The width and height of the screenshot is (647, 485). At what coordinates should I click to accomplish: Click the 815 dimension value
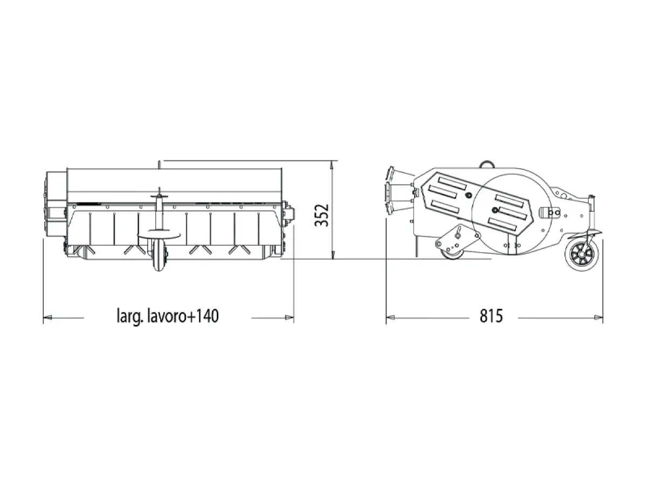(491, 316)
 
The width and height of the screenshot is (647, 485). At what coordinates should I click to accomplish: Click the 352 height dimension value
(321, 215)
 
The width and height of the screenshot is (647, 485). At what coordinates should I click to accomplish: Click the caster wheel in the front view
(159, 254)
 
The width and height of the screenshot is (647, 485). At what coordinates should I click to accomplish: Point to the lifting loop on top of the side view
(486, 163)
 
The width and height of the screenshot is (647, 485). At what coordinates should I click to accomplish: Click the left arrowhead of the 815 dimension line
(390, 317)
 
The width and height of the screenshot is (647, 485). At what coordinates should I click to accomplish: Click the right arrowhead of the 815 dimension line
(598, 317)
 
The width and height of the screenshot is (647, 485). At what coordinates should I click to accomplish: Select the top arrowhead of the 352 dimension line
(333, 164)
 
